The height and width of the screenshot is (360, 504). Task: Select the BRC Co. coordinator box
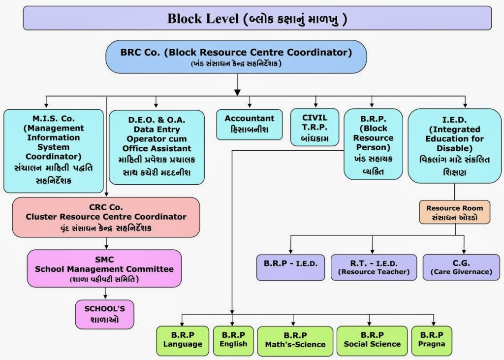click(236, 57)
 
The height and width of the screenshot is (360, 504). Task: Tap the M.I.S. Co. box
click(54, 150)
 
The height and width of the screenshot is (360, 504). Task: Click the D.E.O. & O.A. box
click(157, 147)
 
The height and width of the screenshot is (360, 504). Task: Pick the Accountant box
click(250, 125)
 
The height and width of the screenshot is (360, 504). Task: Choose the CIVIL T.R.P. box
click(315, 127)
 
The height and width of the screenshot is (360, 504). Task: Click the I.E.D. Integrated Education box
click(454, 146)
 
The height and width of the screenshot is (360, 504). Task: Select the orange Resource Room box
click(454, 212)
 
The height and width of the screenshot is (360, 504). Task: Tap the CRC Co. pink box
click(106, 217)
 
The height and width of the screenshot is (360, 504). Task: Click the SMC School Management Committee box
click(104, 268)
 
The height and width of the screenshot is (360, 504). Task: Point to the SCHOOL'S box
click(104, 314)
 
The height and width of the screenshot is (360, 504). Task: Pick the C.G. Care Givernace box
click(461, 267)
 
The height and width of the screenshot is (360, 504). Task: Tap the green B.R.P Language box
click(183, 340)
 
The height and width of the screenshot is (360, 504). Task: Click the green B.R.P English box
click(233, 340)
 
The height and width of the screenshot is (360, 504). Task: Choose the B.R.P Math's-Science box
click(295, 340)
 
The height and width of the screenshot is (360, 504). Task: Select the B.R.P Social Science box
click(372, 340)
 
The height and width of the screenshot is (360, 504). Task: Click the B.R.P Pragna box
click(432, 340)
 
